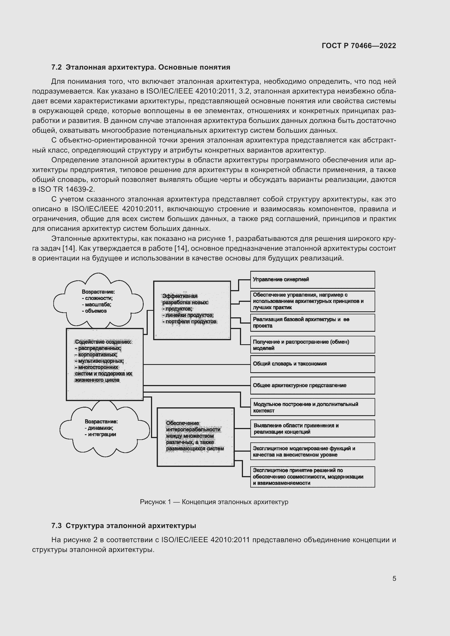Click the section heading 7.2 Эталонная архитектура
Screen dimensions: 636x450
(x=140, y=67)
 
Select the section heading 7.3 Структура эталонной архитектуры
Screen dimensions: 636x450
(x=124, y=526)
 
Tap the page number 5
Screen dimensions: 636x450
(x=394, y=578)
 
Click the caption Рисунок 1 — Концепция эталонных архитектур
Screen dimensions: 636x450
(x=214, y=502)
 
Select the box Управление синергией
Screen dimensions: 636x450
(x=312, y=280)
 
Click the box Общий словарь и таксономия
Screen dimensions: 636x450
(x=312, y=364)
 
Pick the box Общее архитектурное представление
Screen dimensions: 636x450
(x=312, y=385)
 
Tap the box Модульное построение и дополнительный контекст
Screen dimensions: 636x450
(x=312, y=407)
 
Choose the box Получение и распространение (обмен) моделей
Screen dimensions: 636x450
(x=312, y=345)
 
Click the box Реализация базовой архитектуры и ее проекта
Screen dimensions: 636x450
(x=312, y=323)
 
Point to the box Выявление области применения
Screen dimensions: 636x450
(x=312, y=429)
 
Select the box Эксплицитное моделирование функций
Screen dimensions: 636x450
(x=312, y=451)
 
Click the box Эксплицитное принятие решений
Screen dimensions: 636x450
(x=312, y=476)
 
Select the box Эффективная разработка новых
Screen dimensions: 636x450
(x=192, y=310)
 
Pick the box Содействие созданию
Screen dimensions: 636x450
(x=104, y=364)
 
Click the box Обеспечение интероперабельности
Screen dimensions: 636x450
(x=195, y=437)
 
